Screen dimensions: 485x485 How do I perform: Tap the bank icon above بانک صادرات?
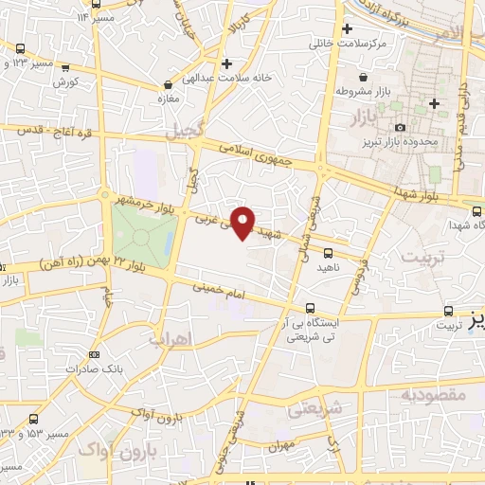[x=93, y=354]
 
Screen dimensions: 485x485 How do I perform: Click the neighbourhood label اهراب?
[x=171, y=336]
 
